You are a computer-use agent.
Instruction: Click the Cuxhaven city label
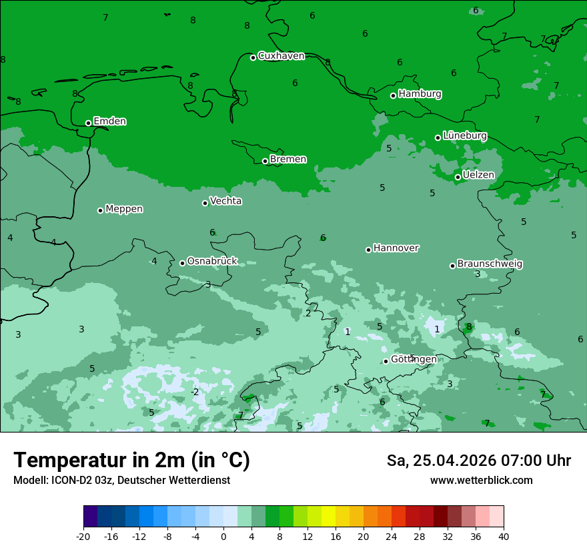click(281, 56)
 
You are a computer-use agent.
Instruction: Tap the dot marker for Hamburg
click(394, 95)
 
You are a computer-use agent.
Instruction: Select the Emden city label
click(109, 121)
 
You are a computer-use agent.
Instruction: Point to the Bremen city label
click(287, 160)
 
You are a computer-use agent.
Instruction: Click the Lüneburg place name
click(464, 136)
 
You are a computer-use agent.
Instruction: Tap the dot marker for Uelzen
click(458, 177)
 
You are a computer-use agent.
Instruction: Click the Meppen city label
click(124, 210)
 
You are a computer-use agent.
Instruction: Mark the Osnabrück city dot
click(182, 263)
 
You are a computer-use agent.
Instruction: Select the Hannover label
click(396, 248)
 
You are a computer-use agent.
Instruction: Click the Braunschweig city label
click(490, 264)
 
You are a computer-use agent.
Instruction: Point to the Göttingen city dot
click(386, 361)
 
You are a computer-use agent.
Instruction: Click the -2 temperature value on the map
click(195, 392)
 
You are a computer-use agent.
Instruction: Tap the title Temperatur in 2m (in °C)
click(131, 461)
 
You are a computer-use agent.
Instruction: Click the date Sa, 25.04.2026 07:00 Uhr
click(478, 461)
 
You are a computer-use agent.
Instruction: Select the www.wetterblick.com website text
click(481, 481)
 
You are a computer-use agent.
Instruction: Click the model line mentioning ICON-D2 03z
click(121, 481)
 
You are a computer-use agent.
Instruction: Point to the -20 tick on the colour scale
click(83, 536)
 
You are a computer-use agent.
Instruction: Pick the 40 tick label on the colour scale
click(503, 536)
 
